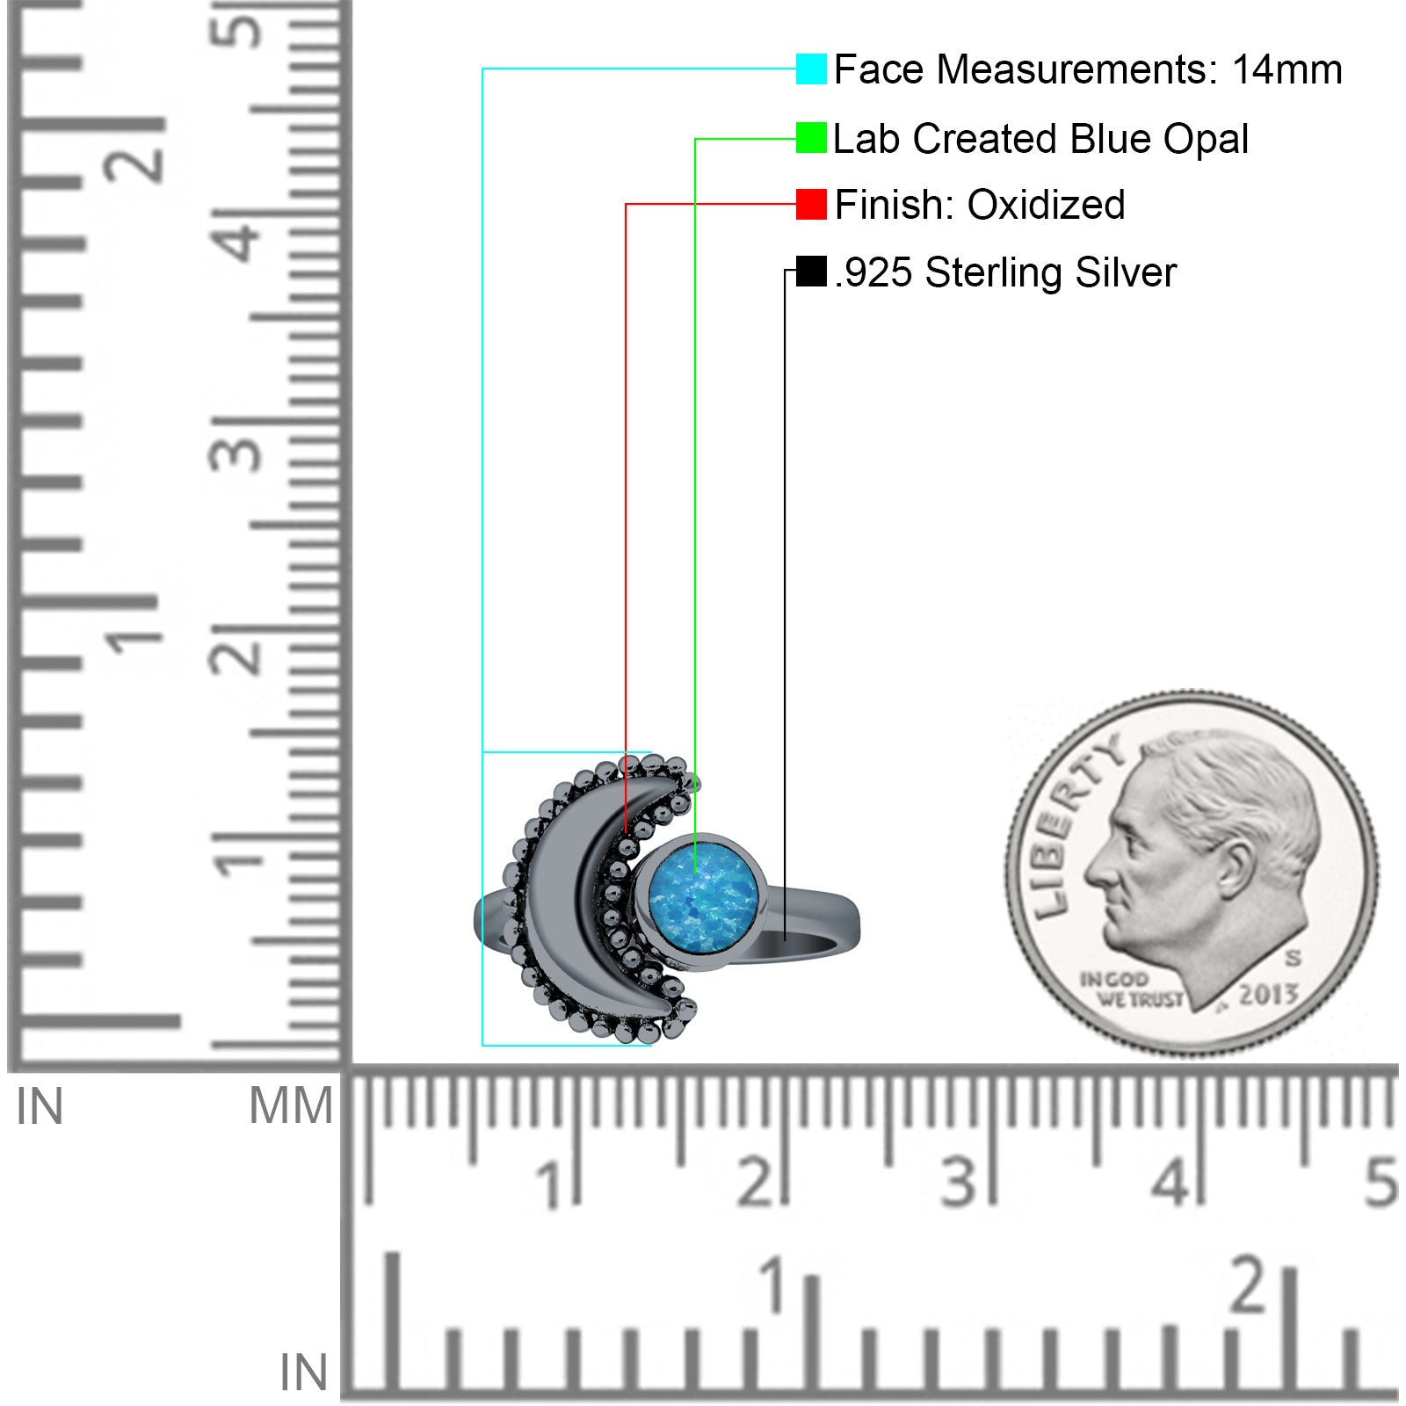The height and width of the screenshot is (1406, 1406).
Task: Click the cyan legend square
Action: pyautogui.click(x=811, y=69)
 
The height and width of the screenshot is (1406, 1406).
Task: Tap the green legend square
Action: pyautogui.click(x=811, y=138)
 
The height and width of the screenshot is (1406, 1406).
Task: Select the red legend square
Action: pyautogui.click(x=811, y=205)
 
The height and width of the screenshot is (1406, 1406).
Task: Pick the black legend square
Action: pyautogui.click(x=811, y=272)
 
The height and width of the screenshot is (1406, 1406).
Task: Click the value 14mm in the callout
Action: pyautogui.click(x=1286, y=70)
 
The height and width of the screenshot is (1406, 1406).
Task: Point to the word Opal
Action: pyautogui.click(x=1206, y=140)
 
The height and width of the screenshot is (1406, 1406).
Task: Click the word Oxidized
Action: pyautogui.click(x=1046, y=206)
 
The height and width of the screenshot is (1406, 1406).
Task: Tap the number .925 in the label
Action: pyautogui.click(x=874, y=273)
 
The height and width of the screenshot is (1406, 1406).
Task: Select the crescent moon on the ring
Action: pyautogui.click(x=562, y=896)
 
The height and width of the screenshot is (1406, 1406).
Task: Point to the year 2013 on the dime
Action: pyautogui.click(x=1268, y=994)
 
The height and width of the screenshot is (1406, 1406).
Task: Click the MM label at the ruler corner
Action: pyautogui.click(x=291, y=1105)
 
